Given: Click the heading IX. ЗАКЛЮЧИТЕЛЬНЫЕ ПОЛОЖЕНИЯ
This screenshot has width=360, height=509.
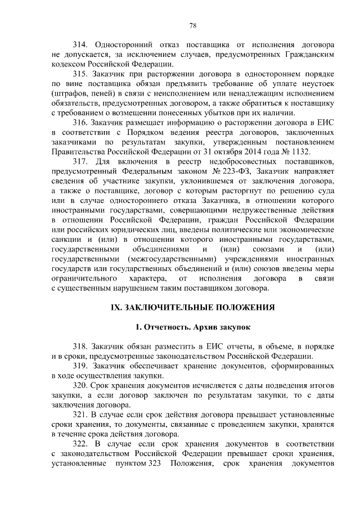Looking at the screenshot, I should [192, 308].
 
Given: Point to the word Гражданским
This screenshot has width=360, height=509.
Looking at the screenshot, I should [308, 53].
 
